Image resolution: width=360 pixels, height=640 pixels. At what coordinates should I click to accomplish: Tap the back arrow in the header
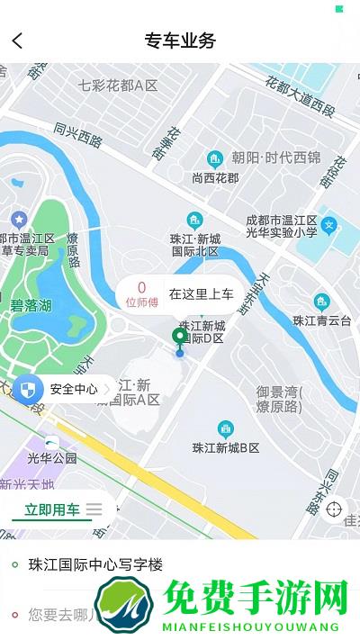click(18, 41)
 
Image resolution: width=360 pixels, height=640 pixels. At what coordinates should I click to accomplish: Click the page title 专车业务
click(180, 41)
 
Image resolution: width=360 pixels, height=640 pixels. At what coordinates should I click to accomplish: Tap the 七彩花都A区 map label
click(118, 86)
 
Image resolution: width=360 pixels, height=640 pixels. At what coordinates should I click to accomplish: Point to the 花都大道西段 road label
click(300, 97)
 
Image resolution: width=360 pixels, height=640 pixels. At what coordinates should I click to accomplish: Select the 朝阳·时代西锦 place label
click(275, 158)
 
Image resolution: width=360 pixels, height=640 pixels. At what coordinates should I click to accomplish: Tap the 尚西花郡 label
click(216, 177)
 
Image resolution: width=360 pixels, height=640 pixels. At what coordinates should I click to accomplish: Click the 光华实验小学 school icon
click(330, 224)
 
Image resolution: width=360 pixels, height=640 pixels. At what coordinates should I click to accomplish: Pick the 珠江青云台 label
click(322, 320)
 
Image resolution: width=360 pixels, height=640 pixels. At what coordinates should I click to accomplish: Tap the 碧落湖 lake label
click(31, 306)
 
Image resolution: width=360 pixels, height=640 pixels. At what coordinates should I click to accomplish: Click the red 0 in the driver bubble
click(141, 287)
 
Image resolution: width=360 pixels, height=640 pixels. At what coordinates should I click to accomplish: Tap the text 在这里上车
click(202, 293)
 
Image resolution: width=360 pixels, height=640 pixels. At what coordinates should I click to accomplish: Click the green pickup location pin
click(180, 338)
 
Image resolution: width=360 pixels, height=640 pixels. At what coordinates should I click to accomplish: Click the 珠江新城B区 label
click(226, 447)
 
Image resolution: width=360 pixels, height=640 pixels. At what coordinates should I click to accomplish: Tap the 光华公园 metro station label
click(52, 457)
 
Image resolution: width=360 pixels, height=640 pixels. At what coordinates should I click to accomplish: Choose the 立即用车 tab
click(52, 509)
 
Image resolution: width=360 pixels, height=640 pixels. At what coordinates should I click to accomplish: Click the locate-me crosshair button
click(335, 509)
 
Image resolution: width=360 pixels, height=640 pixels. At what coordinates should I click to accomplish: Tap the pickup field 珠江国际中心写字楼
click(96, 565)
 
